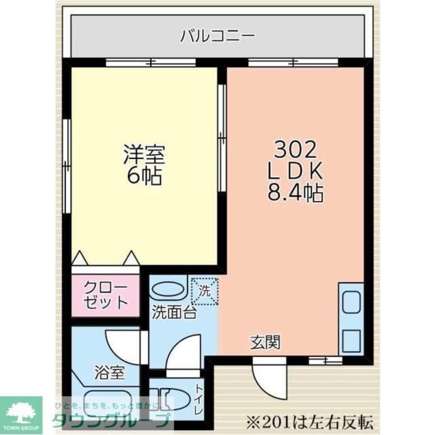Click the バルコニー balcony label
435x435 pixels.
pos(217,35)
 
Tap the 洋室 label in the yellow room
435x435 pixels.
pos(144,154)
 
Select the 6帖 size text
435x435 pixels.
pos(144,176)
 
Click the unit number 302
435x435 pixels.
pos(295,151)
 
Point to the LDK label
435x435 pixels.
pos(295,172)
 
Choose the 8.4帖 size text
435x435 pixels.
pos(295,194)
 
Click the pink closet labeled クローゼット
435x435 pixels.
pos(106,295)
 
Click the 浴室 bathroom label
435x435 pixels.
pos(110,372)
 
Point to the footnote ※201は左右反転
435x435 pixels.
pos(309,422)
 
